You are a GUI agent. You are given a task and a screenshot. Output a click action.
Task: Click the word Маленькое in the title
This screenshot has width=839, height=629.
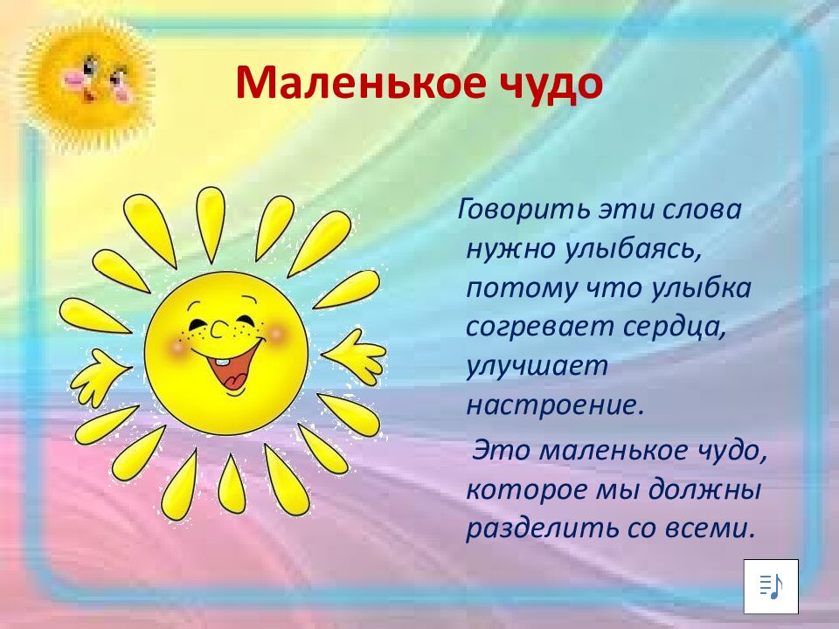(344, 85)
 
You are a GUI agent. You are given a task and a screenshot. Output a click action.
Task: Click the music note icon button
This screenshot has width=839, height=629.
(771, 586)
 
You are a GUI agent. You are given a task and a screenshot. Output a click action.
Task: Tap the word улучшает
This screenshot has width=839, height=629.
(537, 366)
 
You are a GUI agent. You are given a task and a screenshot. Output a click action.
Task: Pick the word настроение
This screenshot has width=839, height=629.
(554, 404)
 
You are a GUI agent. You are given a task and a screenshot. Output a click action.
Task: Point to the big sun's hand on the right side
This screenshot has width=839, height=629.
(355, 355)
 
